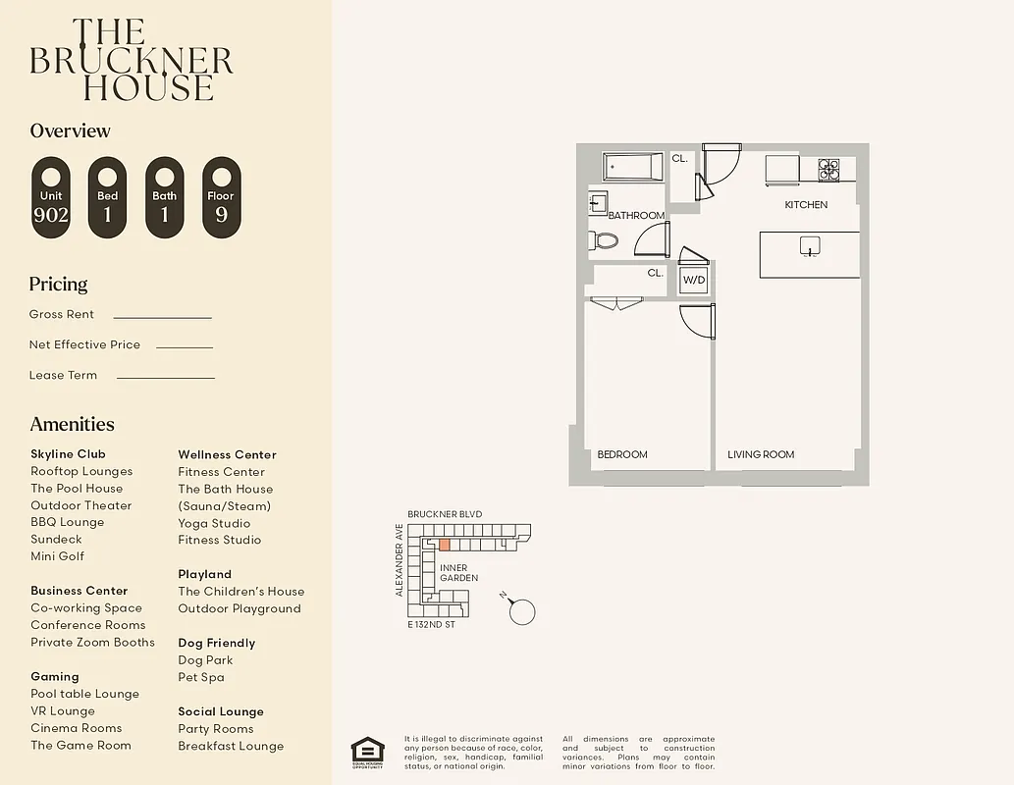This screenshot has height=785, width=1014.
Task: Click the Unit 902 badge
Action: point(51,197)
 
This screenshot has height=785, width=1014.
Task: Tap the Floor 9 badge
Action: point(221,197)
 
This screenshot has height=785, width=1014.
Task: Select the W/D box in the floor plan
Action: point(694,280)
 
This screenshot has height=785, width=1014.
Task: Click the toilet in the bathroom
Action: point(606,240)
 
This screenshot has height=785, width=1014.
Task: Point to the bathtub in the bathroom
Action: point(633,167)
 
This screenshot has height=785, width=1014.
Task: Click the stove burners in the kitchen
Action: point(829,170)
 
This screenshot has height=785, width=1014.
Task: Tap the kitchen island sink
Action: point(810,245)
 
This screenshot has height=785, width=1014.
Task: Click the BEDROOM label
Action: point(622,454)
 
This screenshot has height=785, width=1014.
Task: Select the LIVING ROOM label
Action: point(761,454)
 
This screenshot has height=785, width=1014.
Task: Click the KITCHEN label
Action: point(806,205)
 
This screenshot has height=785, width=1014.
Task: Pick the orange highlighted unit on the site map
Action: point(445,545)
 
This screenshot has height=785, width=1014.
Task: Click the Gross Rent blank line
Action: point(162,317)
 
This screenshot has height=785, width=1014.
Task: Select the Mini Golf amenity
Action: point(57,556)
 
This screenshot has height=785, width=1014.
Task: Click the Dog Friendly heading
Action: point(216,643)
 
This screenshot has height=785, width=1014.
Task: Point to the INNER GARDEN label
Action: point(458,573)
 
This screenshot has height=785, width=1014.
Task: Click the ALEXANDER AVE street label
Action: point(400,559)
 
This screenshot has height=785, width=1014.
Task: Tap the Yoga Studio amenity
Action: point(214,523)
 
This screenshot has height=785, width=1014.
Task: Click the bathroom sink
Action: point(598,204)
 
